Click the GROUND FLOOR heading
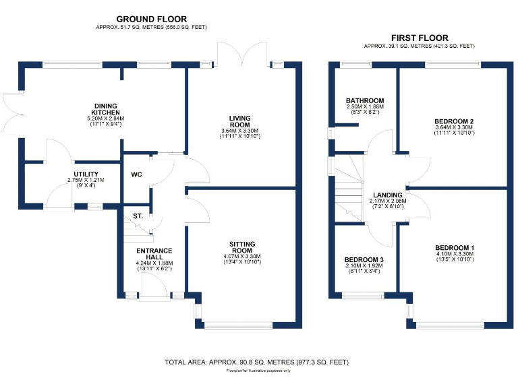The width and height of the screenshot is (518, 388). pyautogui.click(x=152, y=19)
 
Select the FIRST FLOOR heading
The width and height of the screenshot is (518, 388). pyautogui.click(x=419, y=38)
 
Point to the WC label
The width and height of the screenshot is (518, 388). pyautogui.click(x=137, y=174)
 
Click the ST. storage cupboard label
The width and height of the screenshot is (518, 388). pyautogui.click(x=138, y=216)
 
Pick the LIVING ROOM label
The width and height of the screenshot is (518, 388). pyautogui.click(x=240, y=121)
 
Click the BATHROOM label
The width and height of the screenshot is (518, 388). pyautogui.click(x=366, y=100)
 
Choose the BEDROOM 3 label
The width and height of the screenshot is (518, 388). pyautogui.click(x=364, y=259)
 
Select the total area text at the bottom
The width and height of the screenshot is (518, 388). pyautogui.click(x=257, y=362)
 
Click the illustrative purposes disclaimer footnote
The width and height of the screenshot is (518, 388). pyautogui.click(x=258, y=371)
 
